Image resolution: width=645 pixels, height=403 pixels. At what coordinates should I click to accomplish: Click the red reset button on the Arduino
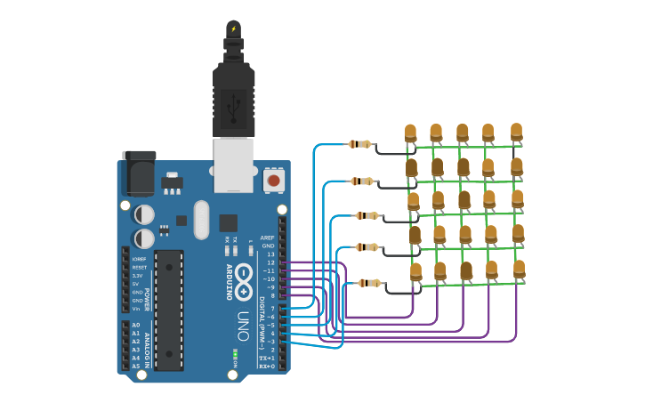tap(274, 181)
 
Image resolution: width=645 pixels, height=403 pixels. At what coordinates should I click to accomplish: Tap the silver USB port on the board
tap(233, 165)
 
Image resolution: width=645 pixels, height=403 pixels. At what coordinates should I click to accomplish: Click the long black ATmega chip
tap(169, 310)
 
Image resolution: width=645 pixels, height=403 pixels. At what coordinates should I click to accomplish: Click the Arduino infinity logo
tap(245, 276)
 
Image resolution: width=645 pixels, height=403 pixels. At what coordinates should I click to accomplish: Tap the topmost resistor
tap(360, 144)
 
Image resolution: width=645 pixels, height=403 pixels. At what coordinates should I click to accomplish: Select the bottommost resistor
tap(370, 283)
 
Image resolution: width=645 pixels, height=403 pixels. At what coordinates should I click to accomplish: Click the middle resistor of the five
tap(367, 215)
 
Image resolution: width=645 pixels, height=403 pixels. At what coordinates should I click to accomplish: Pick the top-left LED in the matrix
tap(410, 133)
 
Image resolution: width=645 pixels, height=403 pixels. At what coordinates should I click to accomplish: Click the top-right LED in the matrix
tap(516, 132)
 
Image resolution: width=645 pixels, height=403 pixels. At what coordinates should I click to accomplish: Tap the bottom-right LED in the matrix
tap(519, 268)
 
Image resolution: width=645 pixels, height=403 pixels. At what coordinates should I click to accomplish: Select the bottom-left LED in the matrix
tap(415, 270)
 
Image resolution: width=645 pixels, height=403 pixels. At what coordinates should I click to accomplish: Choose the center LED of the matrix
tap(464, 200)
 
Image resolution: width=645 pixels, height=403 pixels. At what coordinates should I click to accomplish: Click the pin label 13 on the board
tap(270, 254)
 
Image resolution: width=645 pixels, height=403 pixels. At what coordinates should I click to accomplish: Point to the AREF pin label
tap(267, 238)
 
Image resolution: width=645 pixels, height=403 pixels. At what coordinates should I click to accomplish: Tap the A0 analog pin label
tap(136, 325)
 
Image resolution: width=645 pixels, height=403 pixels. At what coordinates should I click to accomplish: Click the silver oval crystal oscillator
tap(200, 219)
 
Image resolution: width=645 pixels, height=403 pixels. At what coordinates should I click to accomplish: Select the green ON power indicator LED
tap(234, 356)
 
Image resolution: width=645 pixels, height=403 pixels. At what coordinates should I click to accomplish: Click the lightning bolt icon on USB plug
tap(233, 28)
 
